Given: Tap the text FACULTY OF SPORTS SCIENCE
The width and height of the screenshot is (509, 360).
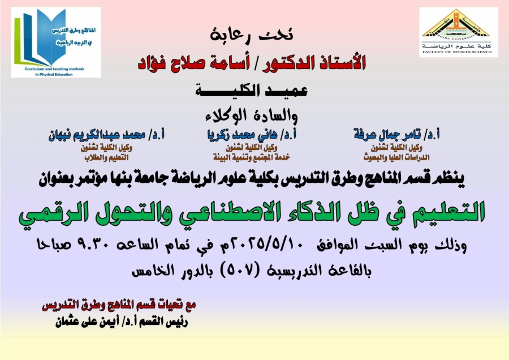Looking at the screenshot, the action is point(457,52).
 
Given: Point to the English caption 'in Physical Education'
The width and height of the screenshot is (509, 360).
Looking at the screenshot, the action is point(54,74).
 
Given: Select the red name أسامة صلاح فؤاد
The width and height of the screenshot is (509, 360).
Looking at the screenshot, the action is point(194,62).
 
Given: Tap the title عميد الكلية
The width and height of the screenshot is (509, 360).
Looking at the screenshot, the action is point(252,91).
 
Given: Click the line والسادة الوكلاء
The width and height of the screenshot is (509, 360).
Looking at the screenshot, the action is point(252,116).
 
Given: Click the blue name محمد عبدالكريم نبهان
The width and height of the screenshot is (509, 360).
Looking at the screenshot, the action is point(97,135).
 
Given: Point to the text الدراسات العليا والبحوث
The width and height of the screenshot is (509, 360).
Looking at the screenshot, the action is point(396,157).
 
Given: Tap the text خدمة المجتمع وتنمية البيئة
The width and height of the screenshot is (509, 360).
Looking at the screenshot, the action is point(251,157).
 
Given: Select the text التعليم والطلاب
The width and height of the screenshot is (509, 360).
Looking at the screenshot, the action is point(106,157).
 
